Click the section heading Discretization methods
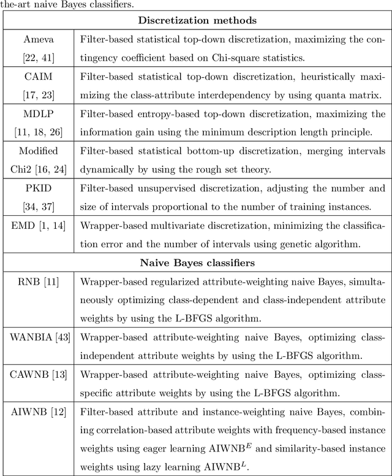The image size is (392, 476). [x=197, y=20]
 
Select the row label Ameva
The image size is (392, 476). [x=39, y=40]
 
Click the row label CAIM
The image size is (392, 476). [x=39, y=77]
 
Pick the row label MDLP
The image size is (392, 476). [x=39, y=115]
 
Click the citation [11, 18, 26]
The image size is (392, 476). [x=39, y=129]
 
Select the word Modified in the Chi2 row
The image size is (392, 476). [x=39, y=152]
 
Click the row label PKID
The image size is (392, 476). [x=39, y=189]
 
